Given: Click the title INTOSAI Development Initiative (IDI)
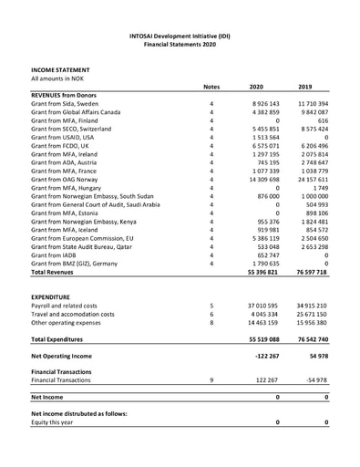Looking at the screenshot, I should point(180,33).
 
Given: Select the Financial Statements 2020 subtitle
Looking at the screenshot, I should point(180,42).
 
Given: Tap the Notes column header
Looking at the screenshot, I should point(211,87).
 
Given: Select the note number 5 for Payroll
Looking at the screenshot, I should point(211,306).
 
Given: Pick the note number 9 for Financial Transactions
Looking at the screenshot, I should point(211,379).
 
